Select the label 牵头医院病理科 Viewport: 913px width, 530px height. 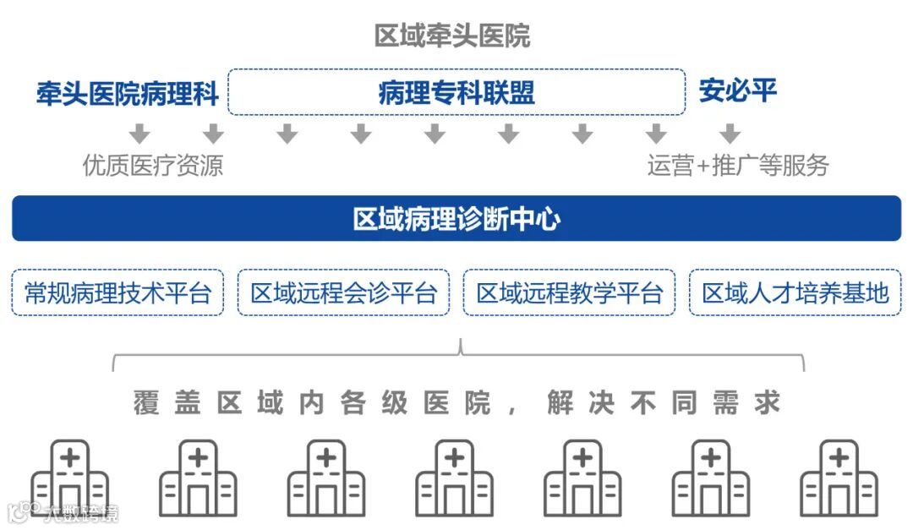(127, 93)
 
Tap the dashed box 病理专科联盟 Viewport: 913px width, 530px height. (456, 92)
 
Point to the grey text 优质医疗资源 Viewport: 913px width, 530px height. (153, 165)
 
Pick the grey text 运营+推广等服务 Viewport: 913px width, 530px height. (738, 165)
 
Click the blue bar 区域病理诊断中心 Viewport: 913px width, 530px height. (456, 219)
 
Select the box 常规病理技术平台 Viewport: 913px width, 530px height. (118, 292)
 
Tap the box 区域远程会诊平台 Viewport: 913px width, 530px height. (343, 292)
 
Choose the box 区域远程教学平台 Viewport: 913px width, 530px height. (569, 292)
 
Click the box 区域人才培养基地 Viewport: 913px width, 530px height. (795, 292)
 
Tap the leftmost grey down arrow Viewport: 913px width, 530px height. (140, 134)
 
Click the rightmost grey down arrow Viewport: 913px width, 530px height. (730, 134)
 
